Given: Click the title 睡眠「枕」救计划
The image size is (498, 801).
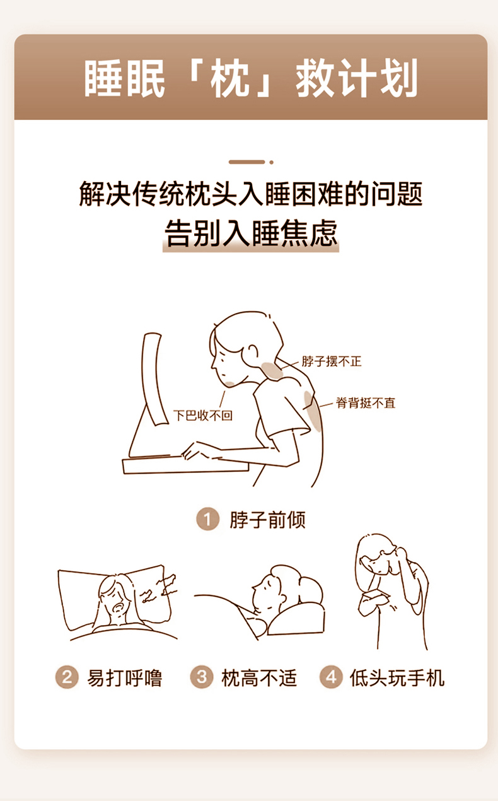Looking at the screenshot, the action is [251, 78].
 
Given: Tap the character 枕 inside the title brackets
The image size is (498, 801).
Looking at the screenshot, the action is [229, 79].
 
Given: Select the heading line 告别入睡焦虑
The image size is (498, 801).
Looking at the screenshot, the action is [251, 233].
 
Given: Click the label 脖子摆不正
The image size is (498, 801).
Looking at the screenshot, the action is [332, 361].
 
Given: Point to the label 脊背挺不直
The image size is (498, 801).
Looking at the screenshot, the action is [366, 403].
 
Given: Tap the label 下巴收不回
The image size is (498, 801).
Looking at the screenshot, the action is [203, 416].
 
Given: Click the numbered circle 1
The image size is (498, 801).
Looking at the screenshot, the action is [207, 519].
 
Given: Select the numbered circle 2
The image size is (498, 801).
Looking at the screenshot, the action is [67, 677].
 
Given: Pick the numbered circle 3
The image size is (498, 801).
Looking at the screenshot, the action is [202, 677].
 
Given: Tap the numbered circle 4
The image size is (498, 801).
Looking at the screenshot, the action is [331, 677].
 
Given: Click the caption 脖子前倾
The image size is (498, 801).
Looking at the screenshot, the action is [267, 520].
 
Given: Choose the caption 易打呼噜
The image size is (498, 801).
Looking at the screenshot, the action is [125, 677].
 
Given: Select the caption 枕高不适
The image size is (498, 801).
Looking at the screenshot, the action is [259, 677].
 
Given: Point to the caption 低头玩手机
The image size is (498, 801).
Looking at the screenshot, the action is [397, 677].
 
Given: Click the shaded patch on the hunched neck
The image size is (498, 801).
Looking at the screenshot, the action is [272, 370].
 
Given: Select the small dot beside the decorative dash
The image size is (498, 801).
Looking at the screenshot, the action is [272, 162].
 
